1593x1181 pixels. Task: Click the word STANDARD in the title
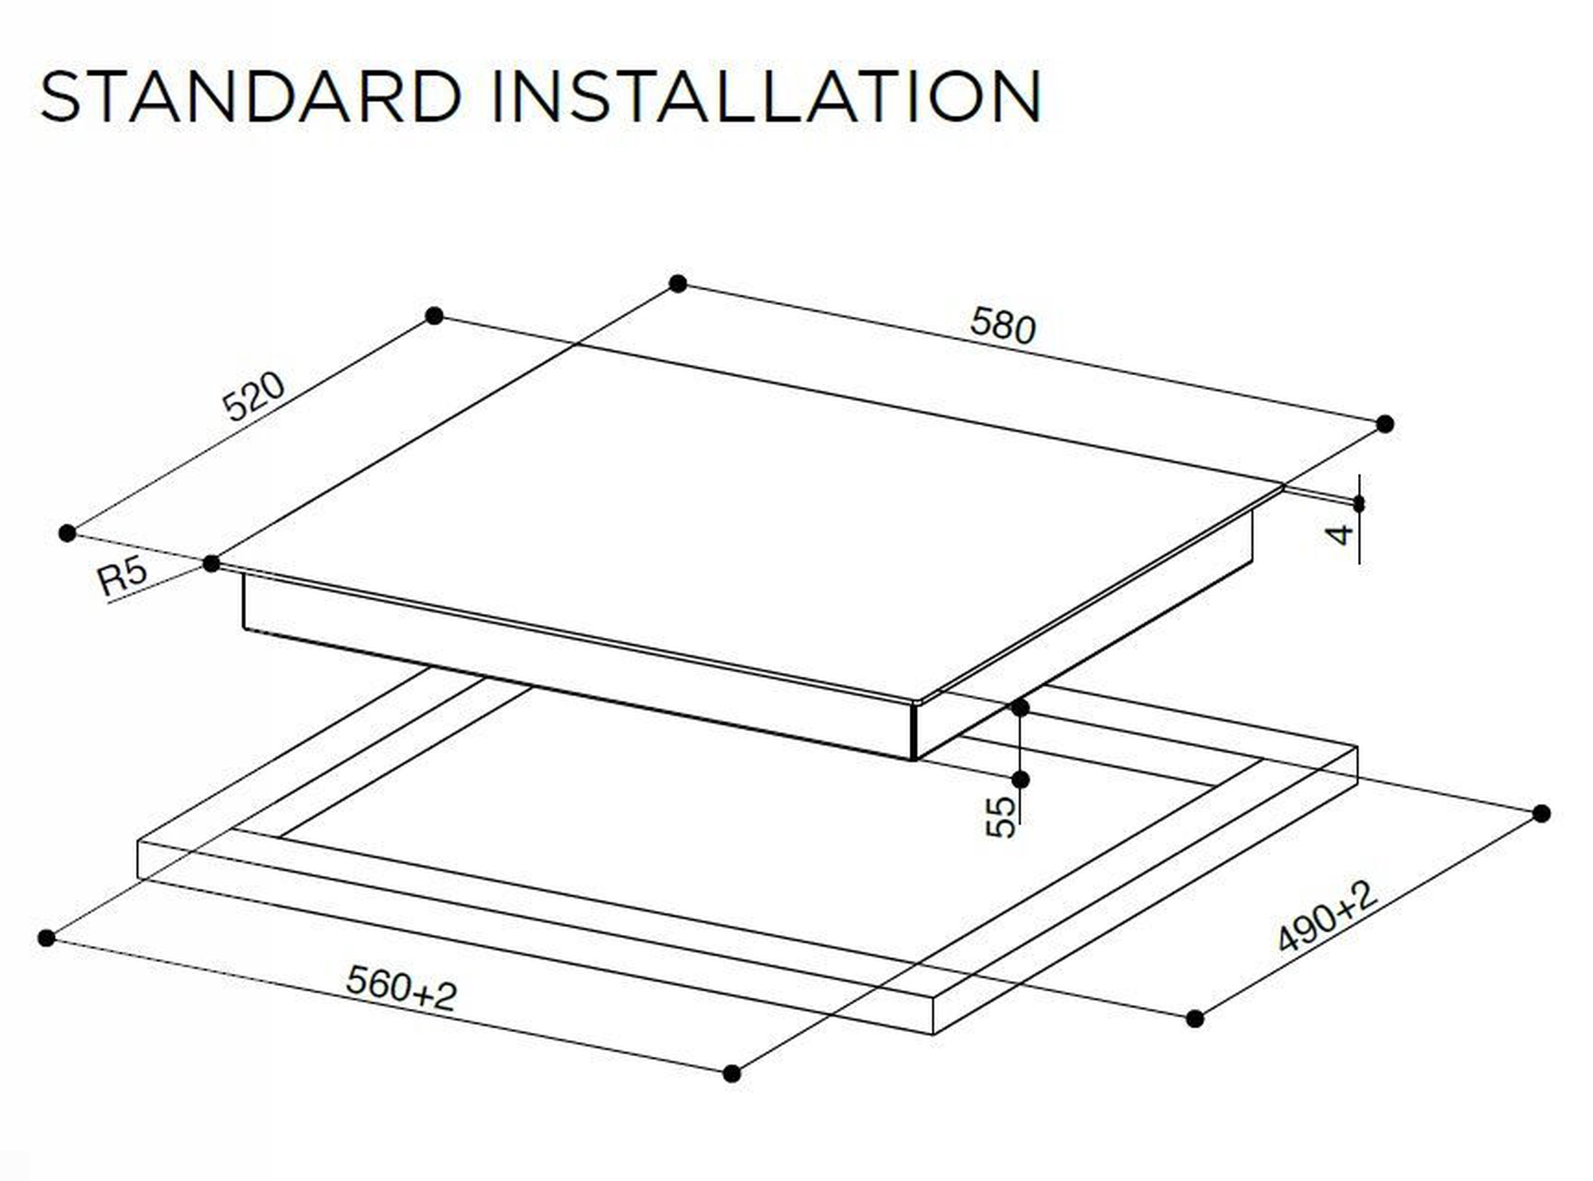[251, 96]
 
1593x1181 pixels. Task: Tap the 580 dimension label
[1003, 326]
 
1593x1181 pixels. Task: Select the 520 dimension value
[253, 396]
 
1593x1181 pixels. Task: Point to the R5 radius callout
[123, 576]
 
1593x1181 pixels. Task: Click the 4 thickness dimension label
[1342, 534]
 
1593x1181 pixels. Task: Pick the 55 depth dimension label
[1001, 817]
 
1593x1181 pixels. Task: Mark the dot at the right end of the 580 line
[1385, 424]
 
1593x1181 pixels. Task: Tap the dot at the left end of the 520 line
[68, 533]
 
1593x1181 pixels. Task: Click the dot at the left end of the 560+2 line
[46, 938]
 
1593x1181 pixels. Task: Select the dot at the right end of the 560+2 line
[732, 1073]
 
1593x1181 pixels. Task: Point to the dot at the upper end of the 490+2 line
[1541, 813]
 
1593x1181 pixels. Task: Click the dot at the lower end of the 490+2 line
[1195, 1018]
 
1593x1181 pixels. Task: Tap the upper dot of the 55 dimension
[1020, 707]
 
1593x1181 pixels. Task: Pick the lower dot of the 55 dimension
[1020, 779]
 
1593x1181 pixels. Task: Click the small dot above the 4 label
[1358, 503]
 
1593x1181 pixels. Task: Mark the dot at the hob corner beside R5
[211, 564]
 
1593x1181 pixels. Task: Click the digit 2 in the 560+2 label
[445, 996]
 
